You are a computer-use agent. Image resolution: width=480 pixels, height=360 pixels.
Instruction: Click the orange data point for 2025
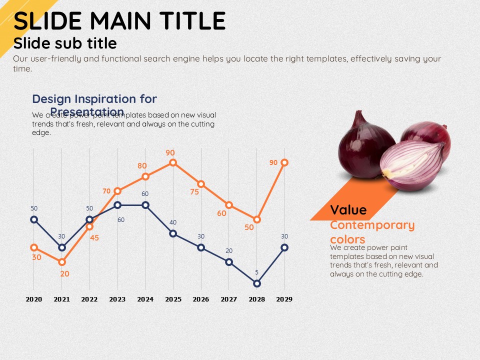coord(173,162)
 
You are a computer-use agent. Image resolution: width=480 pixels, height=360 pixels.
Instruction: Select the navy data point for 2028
coord(257,283)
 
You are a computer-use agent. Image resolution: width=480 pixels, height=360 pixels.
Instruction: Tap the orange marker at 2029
coord(284,162)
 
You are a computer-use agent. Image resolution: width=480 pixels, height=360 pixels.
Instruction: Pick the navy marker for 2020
coord(34,219)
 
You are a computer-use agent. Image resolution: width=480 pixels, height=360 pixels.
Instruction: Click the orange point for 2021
coord(62,262)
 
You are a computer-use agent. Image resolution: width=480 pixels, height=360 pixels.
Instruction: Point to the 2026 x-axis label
coord(200,299)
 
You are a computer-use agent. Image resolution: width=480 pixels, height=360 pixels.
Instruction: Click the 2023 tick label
coord(117,299)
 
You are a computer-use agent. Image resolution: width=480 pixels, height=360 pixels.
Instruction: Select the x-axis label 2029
coord(284,299)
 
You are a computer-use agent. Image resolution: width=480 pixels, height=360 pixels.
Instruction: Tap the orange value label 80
coord(142,166)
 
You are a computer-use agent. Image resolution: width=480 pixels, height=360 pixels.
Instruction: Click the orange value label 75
coord(194,191)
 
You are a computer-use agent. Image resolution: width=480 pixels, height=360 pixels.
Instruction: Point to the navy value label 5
coord(257,272)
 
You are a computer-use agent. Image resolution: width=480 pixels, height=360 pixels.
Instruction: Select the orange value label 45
coord(94,238)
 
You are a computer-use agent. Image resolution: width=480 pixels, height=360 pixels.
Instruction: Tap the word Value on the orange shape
coord(348,210)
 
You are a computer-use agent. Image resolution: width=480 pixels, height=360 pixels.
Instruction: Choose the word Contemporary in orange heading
coord(372,225)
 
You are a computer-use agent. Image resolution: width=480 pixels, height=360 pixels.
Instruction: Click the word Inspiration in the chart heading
coord(104,99)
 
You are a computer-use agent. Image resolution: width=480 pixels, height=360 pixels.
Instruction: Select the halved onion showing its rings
coord(412,165)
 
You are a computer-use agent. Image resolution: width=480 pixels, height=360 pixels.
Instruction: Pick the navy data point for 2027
coord(229,262)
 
